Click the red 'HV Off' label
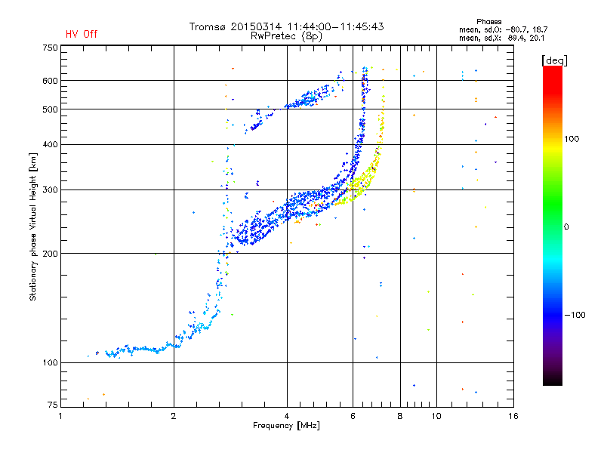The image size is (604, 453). (82, 34)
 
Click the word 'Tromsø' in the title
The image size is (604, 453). (208, 26)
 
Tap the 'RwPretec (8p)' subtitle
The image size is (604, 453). (286, 36)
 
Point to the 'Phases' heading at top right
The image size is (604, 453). (488, 22)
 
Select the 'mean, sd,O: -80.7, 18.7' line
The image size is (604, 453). (503, 29)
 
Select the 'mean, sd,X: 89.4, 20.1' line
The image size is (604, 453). (501, 38)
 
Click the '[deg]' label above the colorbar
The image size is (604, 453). (554, 60)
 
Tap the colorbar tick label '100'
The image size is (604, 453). (572, 139)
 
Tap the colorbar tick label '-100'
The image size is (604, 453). (575, 315)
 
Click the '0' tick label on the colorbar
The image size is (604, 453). (566, 227)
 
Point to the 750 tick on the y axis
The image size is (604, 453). (50, 48)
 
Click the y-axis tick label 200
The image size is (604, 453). (50, 254)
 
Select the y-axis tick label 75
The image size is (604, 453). (53, 405)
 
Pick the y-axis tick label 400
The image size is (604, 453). (50, 144)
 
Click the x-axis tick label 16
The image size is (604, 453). (513, 416)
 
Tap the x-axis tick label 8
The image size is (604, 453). (400, 416)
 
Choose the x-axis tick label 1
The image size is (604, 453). (60, 416)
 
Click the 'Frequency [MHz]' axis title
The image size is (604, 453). (286, 426)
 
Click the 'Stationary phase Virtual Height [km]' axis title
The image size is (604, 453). (33, 226)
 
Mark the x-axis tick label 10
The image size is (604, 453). (436, 416)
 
